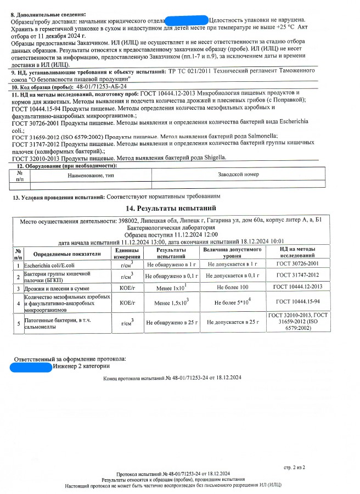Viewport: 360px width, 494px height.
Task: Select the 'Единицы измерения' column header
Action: click(x=127, y=254)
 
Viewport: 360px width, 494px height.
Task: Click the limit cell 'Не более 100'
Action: click(x=233, y=288)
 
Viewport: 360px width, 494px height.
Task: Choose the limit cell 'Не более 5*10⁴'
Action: click(x=233, y=301)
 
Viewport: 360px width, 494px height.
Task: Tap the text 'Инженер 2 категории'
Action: click(x=82, y=366)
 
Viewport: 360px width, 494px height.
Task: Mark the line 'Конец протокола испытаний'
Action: click(x=172, y=378)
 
